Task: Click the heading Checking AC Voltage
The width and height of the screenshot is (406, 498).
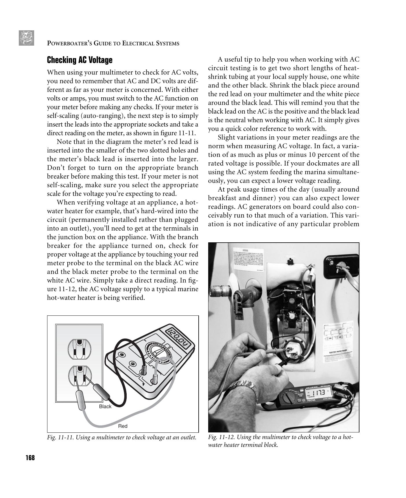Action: coord(80,60)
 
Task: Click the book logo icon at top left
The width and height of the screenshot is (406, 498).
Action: coord(26,38)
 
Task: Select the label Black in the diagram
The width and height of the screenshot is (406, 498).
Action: coord(105,406)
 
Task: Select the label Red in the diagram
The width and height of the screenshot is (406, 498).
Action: coord(123,426)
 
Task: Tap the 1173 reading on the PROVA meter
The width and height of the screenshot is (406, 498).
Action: coord(319,393)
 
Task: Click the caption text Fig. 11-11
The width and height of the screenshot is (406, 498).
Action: coord(61,437)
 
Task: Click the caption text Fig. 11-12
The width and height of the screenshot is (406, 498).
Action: coord(222,437)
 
